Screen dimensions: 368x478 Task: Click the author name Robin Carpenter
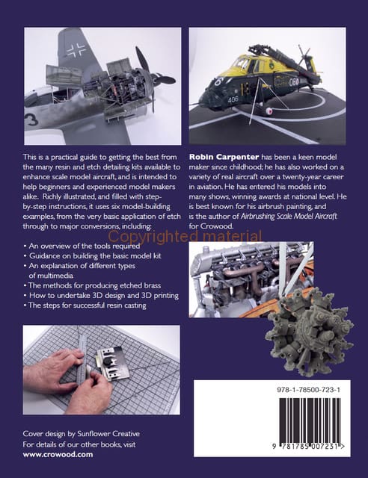pos(224,157)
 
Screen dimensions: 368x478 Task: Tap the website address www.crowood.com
pos(58,454)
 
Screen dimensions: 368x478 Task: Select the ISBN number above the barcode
pos(309,390)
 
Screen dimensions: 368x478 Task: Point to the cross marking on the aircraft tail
pos(76,50)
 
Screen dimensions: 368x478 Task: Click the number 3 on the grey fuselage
pos(31,119)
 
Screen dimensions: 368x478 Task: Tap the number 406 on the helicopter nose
pos(233,99)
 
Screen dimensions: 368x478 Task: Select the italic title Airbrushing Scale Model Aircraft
pos(289,217)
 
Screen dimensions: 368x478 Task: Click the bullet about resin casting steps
pos(85,305)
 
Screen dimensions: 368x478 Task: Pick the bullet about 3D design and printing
pos(101,296)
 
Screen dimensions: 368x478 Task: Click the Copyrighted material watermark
pos(185,237)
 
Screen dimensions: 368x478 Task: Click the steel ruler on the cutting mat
pos(83,363)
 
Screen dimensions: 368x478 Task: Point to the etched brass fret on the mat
pos(111,364)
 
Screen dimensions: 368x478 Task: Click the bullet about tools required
pos(82,246)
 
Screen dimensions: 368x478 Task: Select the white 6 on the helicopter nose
pos(220,81)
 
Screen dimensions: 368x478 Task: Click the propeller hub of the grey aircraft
pos(150,80)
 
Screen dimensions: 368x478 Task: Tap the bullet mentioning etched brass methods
pos(92,285)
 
